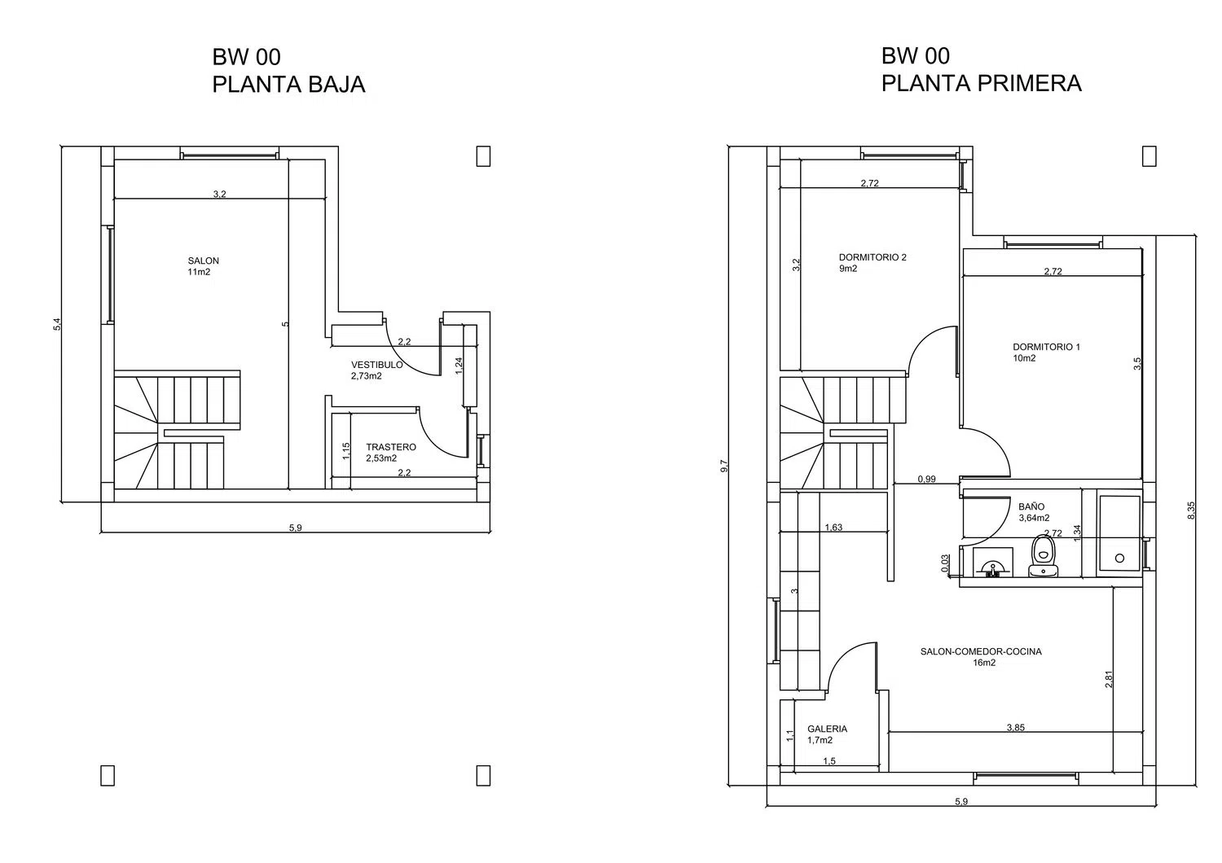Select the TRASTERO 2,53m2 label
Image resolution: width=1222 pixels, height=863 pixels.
(390, 453)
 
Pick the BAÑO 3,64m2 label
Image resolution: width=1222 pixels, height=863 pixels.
(1034, 512)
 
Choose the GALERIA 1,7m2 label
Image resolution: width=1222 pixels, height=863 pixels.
(827, 734)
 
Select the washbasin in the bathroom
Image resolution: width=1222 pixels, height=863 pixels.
(993, 562)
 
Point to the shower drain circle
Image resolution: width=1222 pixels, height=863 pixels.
(1119, 558)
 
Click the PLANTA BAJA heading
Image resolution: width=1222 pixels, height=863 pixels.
(288, 85)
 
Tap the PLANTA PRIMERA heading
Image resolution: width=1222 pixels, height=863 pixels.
(982, 83)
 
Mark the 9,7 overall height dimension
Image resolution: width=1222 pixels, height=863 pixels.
(724, 467)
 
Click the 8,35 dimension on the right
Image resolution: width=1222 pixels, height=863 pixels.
(1191, 510)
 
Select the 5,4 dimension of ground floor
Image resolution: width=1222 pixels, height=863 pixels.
(57, 324)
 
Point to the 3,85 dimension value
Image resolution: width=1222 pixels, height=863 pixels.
(1015, 727)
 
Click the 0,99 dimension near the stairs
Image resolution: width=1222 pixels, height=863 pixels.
(926, 480)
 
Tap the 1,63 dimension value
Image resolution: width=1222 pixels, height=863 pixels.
(833, 528)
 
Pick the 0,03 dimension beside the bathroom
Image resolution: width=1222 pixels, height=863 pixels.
(945, 563)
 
